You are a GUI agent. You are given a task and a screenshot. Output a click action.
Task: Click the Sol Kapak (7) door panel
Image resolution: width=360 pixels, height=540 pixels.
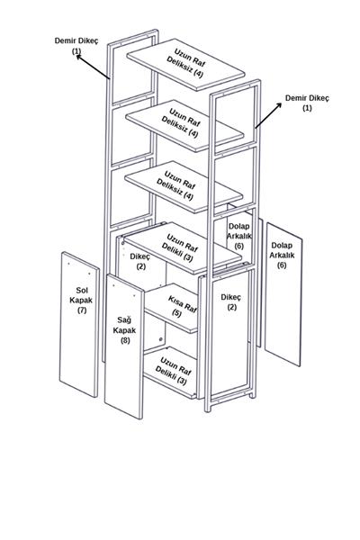79,324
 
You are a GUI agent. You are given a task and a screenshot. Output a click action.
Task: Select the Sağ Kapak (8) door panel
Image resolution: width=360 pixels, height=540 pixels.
124,346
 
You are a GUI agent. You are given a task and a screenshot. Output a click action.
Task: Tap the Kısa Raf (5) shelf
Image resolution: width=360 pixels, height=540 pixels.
171,308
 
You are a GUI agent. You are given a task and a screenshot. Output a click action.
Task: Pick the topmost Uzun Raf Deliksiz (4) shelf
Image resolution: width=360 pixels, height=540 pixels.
185,65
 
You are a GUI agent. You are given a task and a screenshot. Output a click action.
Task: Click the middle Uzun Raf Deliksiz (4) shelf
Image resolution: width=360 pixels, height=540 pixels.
185,126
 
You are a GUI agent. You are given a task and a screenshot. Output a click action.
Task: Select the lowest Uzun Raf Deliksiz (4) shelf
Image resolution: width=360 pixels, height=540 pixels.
184,186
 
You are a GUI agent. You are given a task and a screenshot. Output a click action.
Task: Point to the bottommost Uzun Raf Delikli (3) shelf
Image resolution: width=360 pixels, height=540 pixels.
170,373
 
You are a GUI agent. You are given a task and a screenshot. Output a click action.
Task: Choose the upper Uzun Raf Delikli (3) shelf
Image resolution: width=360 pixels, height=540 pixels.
183,248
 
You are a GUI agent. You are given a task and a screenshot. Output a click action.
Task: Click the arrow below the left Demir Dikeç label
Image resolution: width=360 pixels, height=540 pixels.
93,67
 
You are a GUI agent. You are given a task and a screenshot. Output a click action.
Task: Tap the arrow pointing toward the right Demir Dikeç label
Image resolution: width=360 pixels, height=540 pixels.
268,115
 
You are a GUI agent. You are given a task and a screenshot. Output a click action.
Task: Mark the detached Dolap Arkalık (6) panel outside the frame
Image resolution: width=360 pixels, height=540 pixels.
283,294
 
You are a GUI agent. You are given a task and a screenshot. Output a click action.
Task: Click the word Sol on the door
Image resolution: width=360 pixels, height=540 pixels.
82,290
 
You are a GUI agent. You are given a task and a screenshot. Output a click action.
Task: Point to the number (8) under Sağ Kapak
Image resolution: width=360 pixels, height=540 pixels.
125,340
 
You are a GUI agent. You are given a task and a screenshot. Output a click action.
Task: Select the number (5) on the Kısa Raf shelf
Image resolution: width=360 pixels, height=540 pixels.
176,312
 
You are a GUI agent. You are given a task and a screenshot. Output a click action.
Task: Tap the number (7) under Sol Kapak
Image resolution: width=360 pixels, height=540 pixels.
81,310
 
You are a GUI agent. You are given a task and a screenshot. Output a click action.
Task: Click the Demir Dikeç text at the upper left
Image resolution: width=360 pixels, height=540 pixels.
76,40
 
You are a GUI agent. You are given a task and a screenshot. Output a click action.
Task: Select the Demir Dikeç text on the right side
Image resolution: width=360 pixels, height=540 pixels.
307,98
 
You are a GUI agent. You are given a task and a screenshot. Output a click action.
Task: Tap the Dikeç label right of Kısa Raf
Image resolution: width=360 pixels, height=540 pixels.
230,297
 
